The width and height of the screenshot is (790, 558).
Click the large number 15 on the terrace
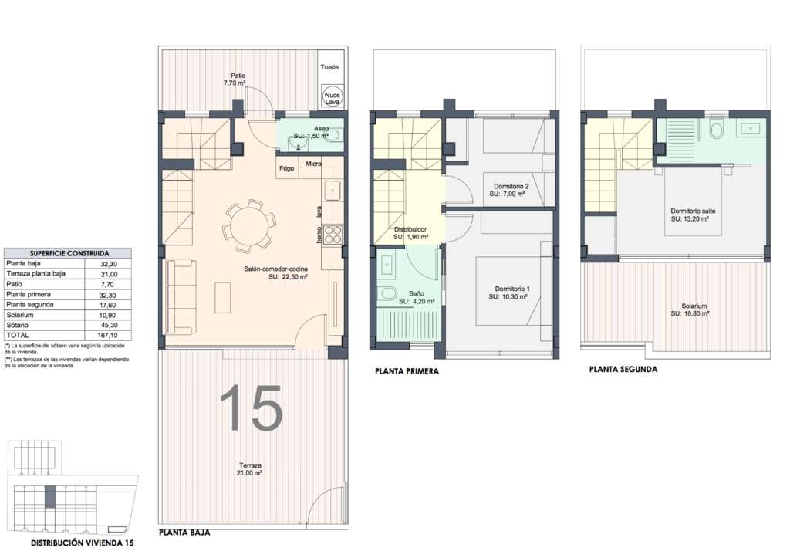tap(251, 408)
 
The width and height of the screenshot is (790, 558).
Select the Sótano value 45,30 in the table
tap(109, 325)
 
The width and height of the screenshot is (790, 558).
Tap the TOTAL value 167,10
tap(108, 335)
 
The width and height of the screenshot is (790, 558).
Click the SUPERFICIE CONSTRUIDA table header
tap(69, 253)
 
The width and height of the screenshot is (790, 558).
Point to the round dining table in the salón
tap(249, 225)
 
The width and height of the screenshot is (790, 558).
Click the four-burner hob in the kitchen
tap(333, 234)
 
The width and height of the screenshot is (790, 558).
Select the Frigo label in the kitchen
tap(287, 168)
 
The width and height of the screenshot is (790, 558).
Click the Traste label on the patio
tap(329, 66)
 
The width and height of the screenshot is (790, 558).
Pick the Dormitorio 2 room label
tap(511, 187)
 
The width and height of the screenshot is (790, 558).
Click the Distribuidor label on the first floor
tap(410, 229)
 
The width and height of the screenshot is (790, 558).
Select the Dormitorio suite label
tap(693, 211)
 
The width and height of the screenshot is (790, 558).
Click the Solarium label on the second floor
tap(694, 306)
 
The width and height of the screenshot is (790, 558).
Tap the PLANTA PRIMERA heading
tap(407, 371)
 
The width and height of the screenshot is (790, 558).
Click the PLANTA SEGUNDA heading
tap(623, 370)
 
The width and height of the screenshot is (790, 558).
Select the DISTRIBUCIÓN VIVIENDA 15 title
tap(83, 543)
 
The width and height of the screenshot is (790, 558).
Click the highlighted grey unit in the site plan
tap(50, 496)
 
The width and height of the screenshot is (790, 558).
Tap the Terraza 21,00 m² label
tap(250, 469)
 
